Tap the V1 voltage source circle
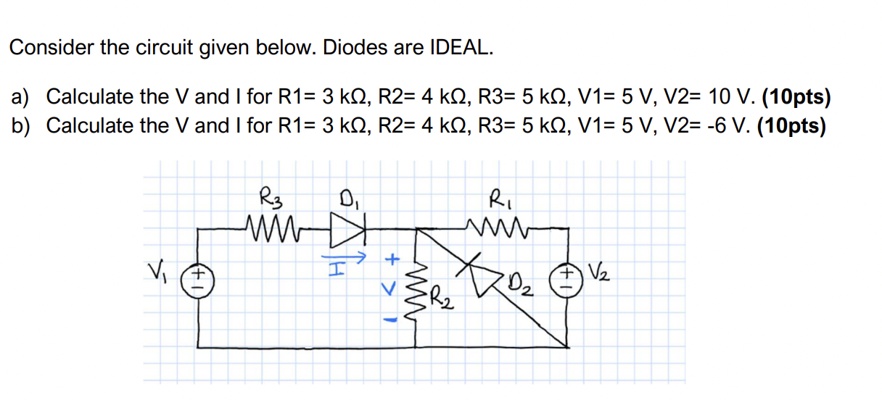point(195,279)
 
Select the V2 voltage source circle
point(568,279)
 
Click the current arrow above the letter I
point(350,256)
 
